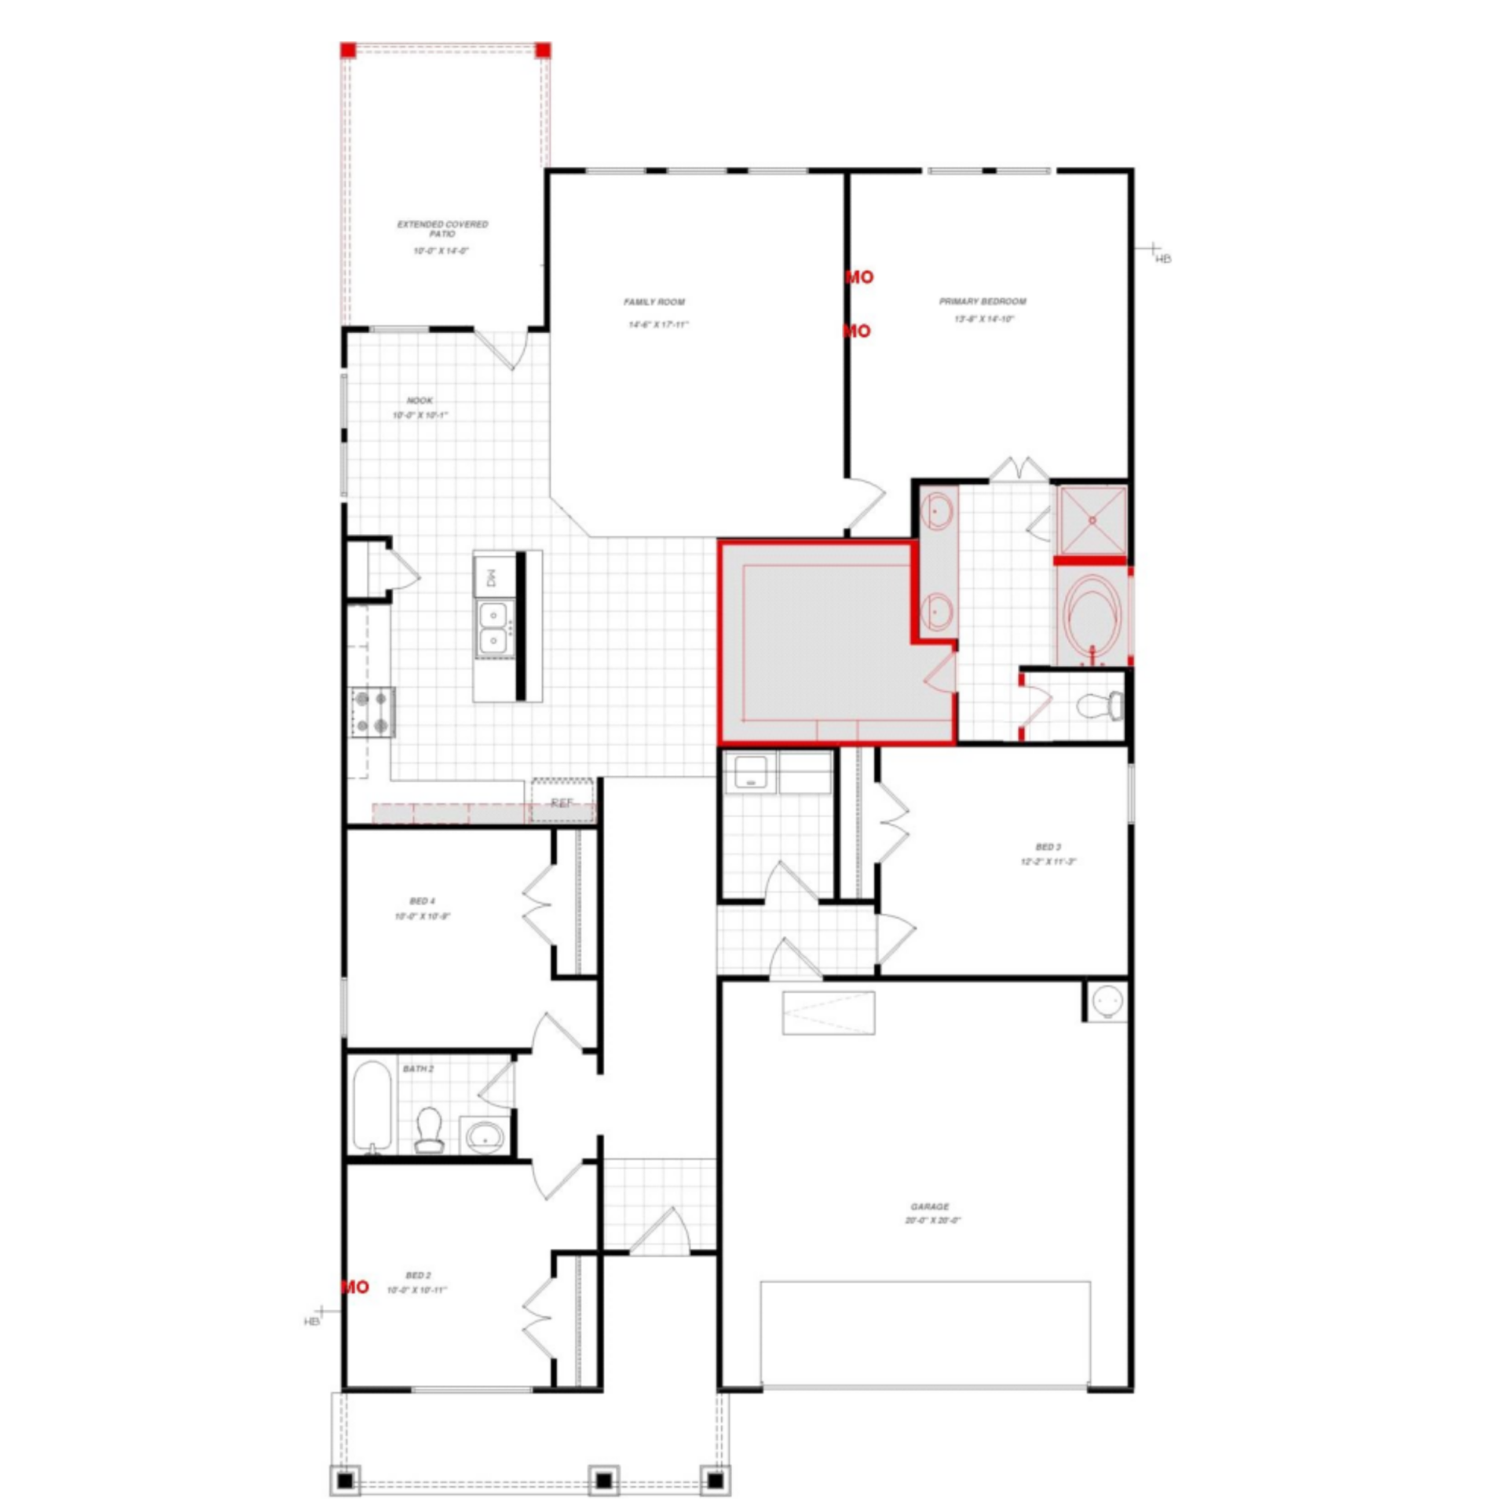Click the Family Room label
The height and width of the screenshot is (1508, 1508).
tap(654, 302)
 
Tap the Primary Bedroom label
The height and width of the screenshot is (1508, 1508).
tap(983, 301)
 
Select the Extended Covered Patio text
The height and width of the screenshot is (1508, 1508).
tap(442, 229)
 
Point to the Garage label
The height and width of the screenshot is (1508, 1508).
tap(930, 1206)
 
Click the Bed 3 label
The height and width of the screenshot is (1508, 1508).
tap(1048, 847)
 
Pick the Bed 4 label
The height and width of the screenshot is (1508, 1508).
tap(422, 901)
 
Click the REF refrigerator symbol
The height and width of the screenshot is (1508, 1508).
tap(562, 802)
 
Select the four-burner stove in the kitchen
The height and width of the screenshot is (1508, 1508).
tap(372, 712)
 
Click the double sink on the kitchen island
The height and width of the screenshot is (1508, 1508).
tap(493, 628)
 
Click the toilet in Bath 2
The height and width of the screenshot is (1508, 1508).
tap(429, 1129)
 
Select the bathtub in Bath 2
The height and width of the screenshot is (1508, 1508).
tap(372, 1105)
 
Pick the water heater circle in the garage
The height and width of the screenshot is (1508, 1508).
tap(1107, 1001)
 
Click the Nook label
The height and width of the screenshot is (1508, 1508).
tap(419, 401)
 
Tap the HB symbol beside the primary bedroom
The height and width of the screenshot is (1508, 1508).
tap(1162, 258)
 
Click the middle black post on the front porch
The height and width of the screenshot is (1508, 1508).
tap(603, 1481)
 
